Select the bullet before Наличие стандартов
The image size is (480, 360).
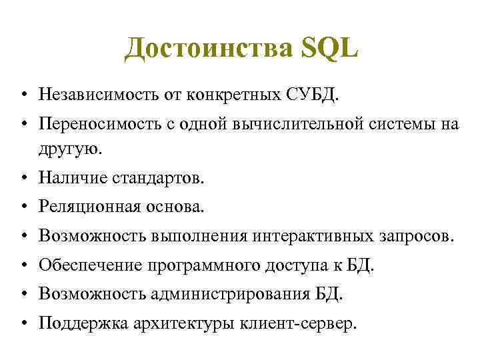(x=23, y=179)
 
